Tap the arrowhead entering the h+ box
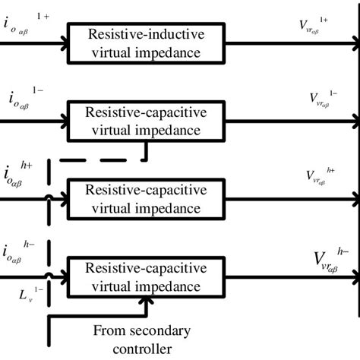(x=62, y=200)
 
